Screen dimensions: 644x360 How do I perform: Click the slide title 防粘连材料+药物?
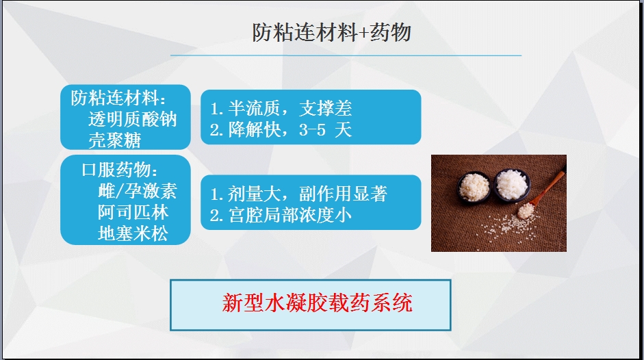click(x=331, y=32)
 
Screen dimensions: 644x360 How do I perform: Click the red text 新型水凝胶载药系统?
click(x=317, y=303)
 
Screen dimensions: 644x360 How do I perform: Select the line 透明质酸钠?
click(x=132, y=119)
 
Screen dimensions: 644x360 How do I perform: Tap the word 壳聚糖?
click(x=114, y=140)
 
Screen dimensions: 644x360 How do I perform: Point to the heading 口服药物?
click(x=120, y=169)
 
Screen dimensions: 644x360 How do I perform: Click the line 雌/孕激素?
click(x=137, y=191)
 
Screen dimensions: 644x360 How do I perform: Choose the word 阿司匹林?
click(x=133, y=212)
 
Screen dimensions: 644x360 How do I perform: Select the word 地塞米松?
click(x=133, y=234)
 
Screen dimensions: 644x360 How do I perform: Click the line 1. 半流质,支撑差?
click(x=281, y=108)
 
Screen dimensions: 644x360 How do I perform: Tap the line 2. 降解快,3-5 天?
click(x=281, y=130)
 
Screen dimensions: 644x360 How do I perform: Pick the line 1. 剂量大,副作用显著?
click(x=298, y=194)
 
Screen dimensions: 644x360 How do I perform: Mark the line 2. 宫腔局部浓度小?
click(x=281, y=216)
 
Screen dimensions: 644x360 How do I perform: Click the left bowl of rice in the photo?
click(x=474, y=187)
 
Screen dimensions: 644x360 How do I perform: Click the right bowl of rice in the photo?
click(x=511, y=184)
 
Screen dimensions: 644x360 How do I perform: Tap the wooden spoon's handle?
click(x=549, y=188)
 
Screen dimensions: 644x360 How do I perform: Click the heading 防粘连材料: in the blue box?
click(x=118, y=98)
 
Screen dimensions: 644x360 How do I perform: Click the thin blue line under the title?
click(x=346, y=55)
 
